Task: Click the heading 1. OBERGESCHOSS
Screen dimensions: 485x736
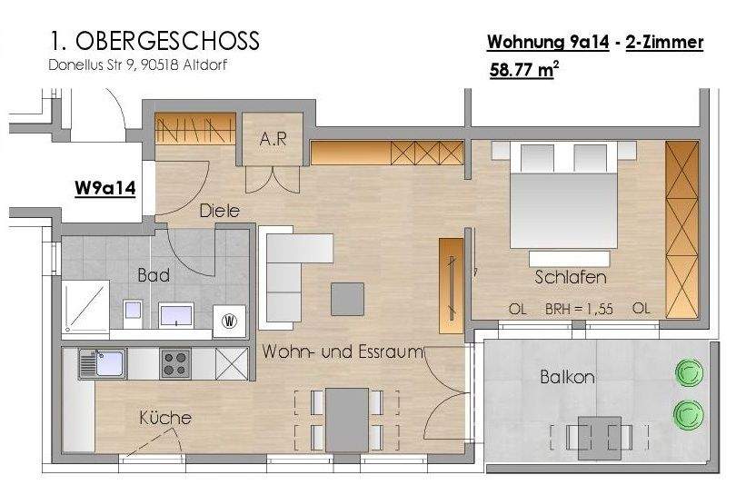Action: tap(154, 41)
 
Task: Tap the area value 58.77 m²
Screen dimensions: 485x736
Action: tap(522, 71)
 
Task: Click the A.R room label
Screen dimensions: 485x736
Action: tap(273, 139)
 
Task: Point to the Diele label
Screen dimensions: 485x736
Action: tap(220, 211)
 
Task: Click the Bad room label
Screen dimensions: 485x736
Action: tap(154, 274)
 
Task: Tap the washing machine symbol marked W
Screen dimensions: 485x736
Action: tap(229, 320)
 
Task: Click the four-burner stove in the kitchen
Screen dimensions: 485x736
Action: tap(175, 363)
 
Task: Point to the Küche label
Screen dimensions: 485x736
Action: tap(165, 418)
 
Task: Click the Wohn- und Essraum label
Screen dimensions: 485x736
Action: tap(343, 351)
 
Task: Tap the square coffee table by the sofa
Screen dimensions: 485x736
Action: tap(347, 297)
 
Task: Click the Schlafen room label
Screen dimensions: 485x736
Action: tap(571, 277)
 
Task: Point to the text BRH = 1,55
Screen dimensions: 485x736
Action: tap(579, 309)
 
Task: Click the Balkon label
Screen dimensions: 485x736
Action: tap(567, 376)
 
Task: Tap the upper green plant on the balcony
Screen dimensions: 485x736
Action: tap(688, 372)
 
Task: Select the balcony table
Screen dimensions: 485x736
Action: tap(599, 434)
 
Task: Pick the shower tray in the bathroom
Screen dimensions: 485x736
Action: tap(85, 303)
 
